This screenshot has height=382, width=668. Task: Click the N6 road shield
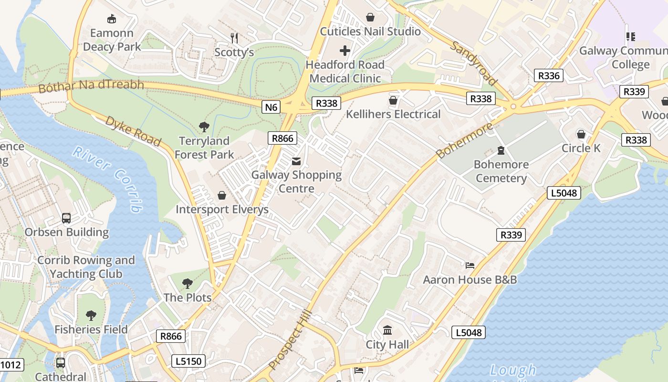click(x=271, y=107)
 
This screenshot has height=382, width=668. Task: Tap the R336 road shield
click(x=548, y=75)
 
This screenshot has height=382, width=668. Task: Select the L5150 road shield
click(x=188, y=361)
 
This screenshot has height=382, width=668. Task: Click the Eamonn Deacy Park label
click(x=112, y=40)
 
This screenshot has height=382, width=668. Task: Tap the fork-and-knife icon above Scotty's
click(x=234, y=38)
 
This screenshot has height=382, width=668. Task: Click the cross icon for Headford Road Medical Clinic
click(x=345, y=50)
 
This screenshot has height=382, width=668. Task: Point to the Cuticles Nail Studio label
click(x=370, y=32)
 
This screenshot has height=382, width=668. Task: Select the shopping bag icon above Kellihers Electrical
click(x=393, y=100)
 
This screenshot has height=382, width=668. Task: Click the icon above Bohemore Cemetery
click(x=501, y=150)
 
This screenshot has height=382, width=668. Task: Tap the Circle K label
click(x=581, y=148)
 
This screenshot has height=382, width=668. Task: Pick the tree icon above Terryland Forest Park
click(x=204, y=127)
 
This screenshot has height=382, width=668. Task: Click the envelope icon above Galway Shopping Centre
click(x=296, y=161)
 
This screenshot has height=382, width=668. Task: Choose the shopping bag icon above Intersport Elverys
click(x=222, y=195)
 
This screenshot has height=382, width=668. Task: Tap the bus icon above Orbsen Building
click(x=66, y=218)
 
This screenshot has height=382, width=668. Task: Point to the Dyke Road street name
click(x=133, y=130)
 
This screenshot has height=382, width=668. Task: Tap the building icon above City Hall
click(x=387, y=330)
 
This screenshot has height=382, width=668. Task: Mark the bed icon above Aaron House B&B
click(x=470, y=265)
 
